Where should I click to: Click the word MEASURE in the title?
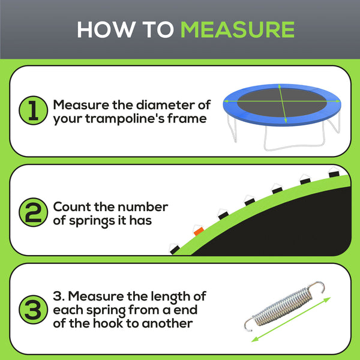(x=238, y=29)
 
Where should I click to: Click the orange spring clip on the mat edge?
(x=197, y=230)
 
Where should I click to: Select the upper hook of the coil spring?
(x=323, y=288)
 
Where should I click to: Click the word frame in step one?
(x=188, y=118)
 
